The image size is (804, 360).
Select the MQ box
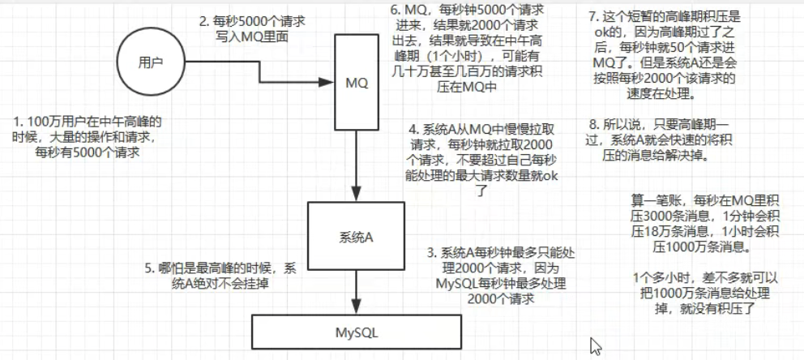pyautogui.click(x=357, y=83)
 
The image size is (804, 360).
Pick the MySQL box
pyautogui.click(x=357, y=332)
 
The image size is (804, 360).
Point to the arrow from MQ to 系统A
pyautogui.click(x=357, y=165)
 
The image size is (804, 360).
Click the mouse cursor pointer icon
pyautogui.click(x=596, y=346)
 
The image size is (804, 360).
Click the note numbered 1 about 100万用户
pyautogui.click(x=87, y=137)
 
